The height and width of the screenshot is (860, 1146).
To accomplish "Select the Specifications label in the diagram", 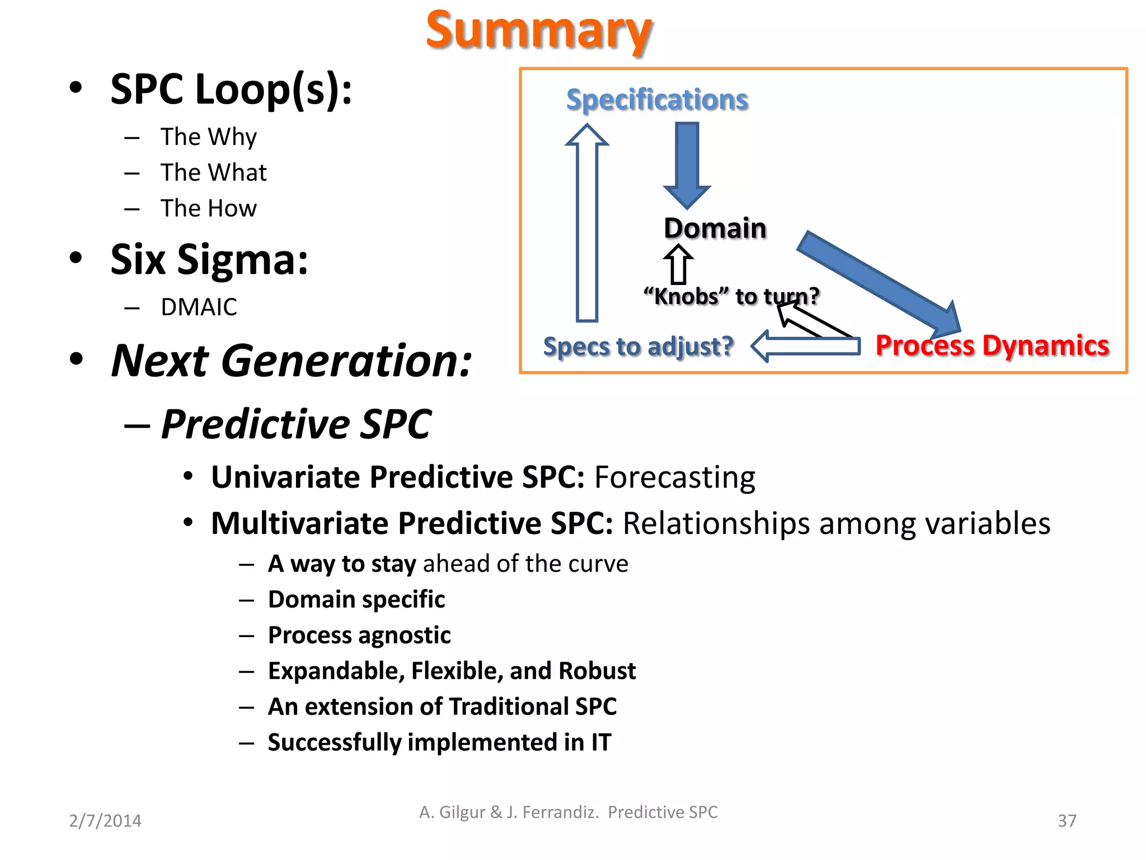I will [657, 100].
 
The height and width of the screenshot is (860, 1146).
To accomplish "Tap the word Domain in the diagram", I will [715, 228].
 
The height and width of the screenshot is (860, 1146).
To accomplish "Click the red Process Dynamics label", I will [992, 345].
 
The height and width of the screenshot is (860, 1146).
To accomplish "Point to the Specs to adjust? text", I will [638, 347].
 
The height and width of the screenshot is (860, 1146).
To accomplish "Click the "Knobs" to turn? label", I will [731, 296].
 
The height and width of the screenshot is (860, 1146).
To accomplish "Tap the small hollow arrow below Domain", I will [678, 264].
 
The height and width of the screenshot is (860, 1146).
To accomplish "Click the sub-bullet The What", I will [213, 172].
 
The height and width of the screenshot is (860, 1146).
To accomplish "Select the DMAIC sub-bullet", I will [199, 307].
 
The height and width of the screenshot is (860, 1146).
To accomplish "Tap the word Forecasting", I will [674, 478].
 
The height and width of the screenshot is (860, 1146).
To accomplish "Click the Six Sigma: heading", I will [209, 260].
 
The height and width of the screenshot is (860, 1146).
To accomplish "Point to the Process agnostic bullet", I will [359, 635].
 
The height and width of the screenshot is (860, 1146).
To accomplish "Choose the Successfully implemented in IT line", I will [439, 742].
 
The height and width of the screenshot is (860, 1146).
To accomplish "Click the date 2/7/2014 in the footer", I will [105, 821].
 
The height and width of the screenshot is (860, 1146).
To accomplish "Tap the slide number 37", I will [1067, 821].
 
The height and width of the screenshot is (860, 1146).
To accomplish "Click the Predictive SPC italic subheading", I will [296, 424].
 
